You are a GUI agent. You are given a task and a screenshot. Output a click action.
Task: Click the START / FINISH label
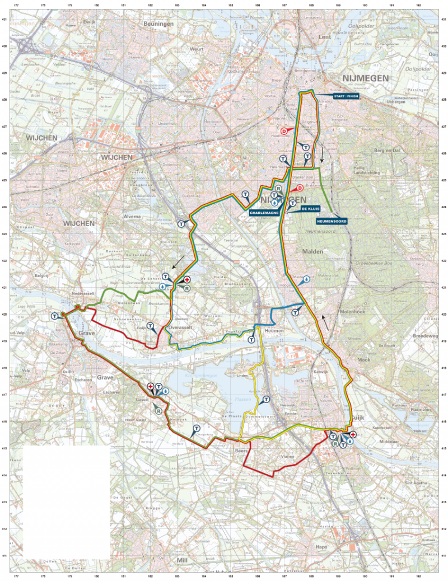pos(345,97)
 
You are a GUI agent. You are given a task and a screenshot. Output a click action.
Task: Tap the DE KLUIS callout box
pos(310,209)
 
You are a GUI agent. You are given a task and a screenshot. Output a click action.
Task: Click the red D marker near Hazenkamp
pos(284,131)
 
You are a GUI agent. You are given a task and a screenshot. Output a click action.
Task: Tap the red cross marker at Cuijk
pos(353,434)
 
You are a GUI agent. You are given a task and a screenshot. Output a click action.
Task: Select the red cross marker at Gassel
pos(150,386)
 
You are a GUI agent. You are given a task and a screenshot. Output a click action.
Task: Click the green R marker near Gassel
pos(159,410)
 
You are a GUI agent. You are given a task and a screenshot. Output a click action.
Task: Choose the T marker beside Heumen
pos(251,339)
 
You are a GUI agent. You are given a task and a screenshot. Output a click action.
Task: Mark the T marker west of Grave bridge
pos(54,316)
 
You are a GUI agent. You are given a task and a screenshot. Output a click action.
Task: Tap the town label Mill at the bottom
pos(182,559)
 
